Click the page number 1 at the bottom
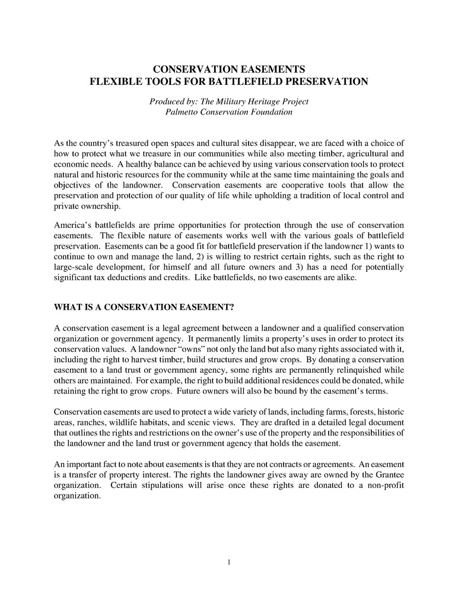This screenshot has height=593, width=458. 229,562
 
